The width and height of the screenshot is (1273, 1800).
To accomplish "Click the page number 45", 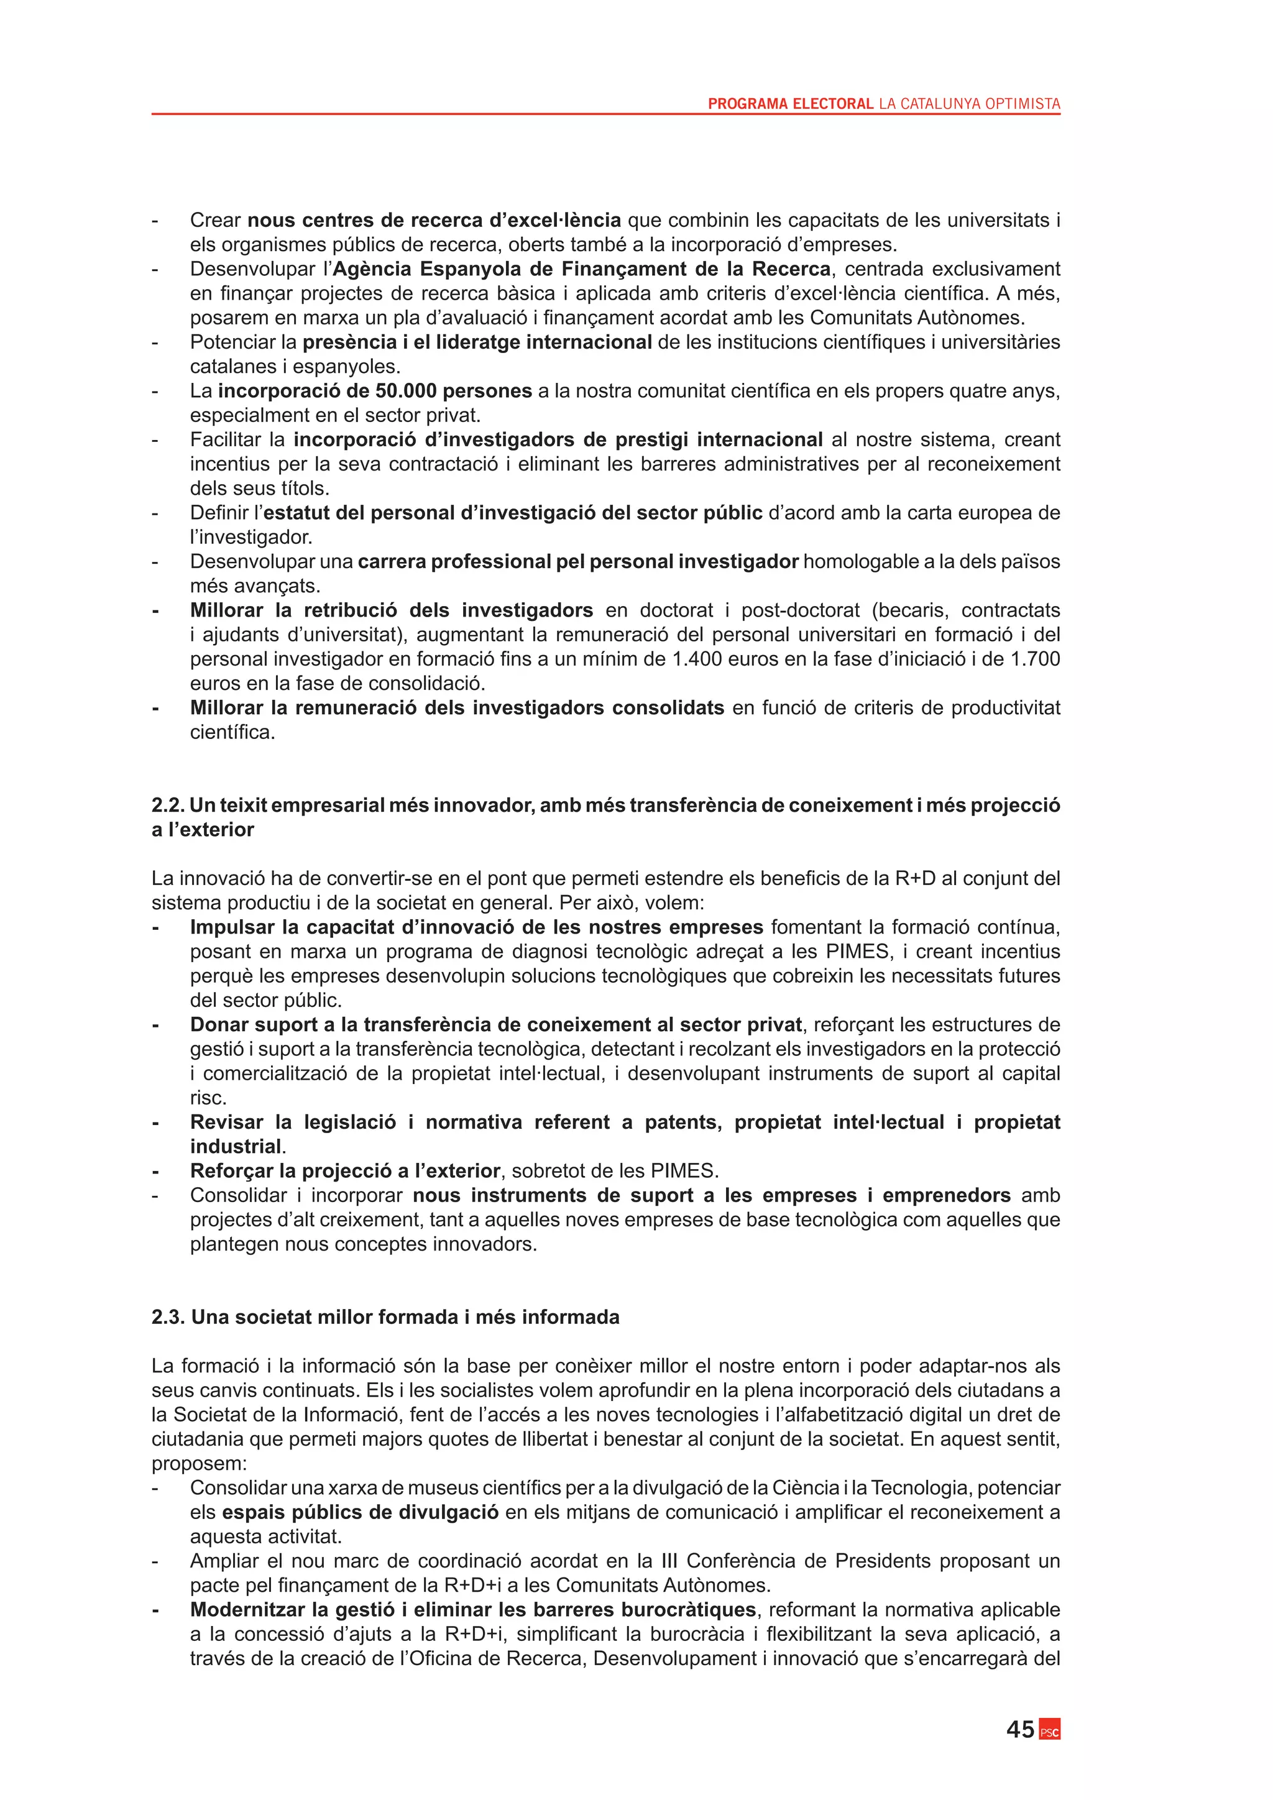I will coord(1020,1729).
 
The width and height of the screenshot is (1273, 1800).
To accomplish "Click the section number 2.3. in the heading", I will coord(168,1316).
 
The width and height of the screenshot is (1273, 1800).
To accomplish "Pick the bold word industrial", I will coord(235,1146).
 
